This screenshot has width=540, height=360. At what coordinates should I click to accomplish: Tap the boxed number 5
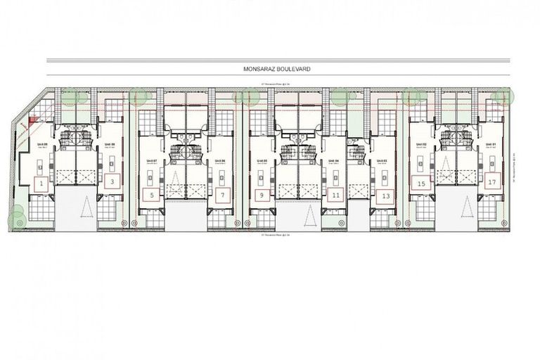click(x=152, y=195)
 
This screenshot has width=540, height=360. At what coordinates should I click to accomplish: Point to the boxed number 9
click(x=262, y=195)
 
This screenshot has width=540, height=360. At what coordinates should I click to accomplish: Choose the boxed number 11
click(x=336, y=195)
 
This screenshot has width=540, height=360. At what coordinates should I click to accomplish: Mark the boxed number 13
click(x=385, y=195)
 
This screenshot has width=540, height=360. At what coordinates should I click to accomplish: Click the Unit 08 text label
click(x=109, y=145)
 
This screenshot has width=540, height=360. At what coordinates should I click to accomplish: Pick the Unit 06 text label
click(x=221, y=161)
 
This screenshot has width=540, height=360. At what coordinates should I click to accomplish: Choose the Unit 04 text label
click(x=335, y=161)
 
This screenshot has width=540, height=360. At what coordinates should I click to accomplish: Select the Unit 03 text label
click(x=383, y=161)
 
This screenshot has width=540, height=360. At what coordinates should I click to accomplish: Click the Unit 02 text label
click(x=420, y=145)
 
